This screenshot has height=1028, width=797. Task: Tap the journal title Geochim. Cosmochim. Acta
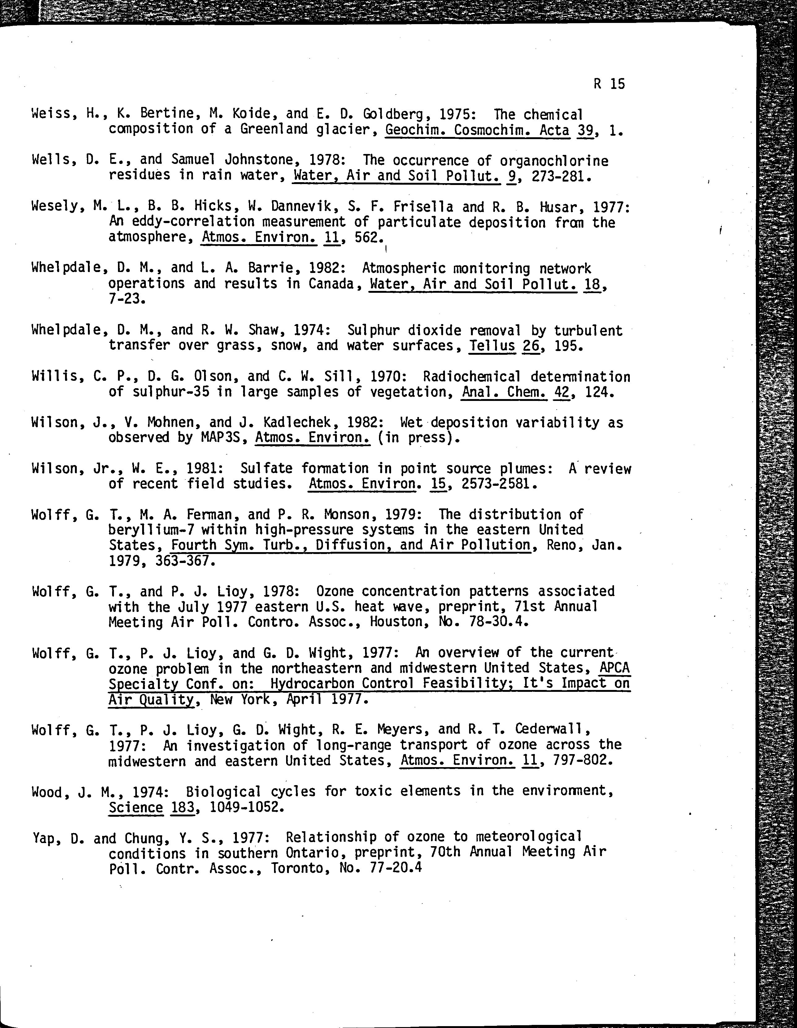coord(477,130)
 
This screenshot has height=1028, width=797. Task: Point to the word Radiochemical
coord(472,376)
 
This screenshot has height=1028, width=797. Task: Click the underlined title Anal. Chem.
coord(504,392)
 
